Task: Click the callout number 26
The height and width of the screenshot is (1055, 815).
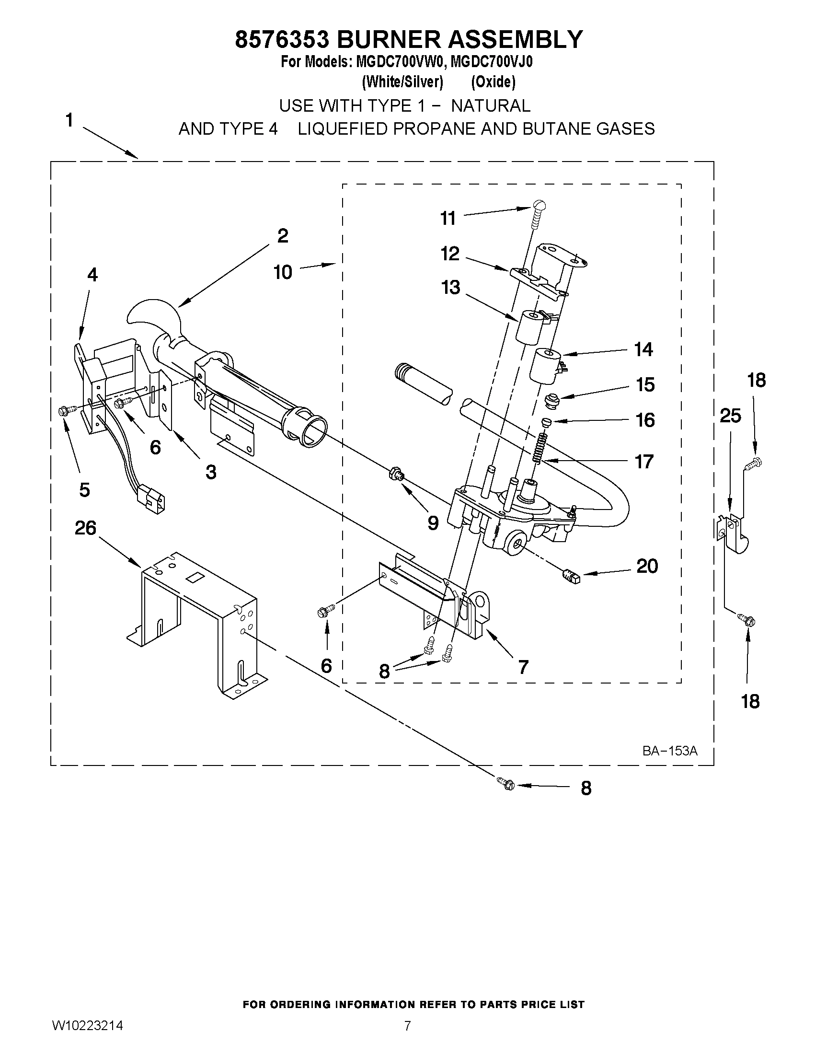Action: (85, 528)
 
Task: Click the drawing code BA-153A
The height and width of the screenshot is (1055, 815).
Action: (670, 751)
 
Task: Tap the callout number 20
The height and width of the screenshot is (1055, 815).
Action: (647, 566)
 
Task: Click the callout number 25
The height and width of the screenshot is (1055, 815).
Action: (730, 416)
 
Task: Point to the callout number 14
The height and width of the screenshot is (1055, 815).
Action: (643, 349)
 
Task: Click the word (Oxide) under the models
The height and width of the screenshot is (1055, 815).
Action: (493, 82)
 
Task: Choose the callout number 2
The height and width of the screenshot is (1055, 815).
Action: (283, 236)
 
